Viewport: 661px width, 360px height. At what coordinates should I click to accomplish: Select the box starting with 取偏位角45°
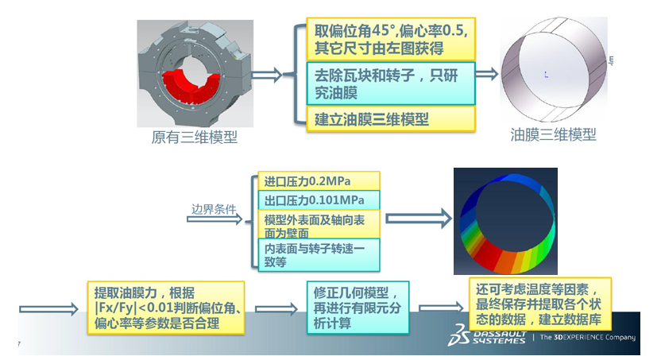(x=390, y=40)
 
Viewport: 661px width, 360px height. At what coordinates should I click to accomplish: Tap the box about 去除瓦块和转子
(x=390, y=83)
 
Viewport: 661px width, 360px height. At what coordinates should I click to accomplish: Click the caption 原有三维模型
(x=195, y=137)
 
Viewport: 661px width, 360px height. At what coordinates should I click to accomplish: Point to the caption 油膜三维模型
(x=553, y=135)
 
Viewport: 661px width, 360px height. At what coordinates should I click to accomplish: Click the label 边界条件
(x=215, y=211)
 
